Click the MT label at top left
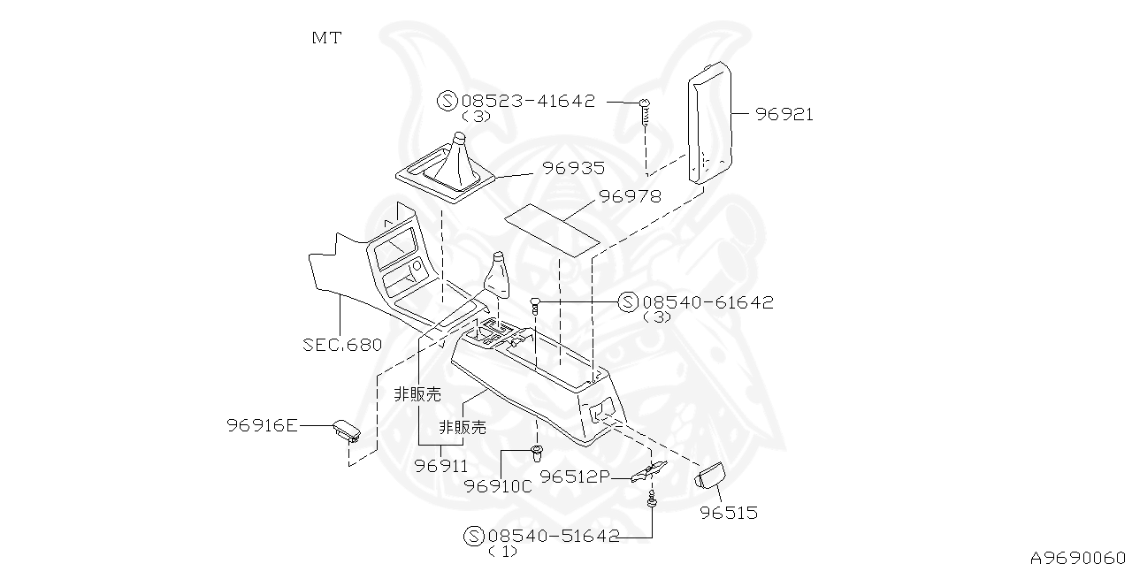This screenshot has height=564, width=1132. pyautogui.click(x=325, y=38)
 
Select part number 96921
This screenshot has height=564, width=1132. pyautogui.click(x=784, y=114)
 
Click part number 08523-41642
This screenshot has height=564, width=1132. pyautogui.click(x=528, y=101)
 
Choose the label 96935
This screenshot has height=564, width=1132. pyautogui.click(x=573, y=168)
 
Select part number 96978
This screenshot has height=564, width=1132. pyautogui.click(x=630, y=196)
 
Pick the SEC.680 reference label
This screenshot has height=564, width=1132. pyautogui.click(x=342, y=344)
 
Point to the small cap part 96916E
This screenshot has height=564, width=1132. pyautogui.click(x=346, y=431)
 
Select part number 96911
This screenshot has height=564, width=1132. pyautogui.click(x=441, y=465)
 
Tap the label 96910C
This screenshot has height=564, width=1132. pyautogui.click(x=498, y=485)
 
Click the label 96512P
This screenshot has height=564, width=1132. pyautogui.click(x=575, y=477)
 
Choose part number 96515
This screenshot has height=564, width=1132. pyautogui.click(x=729, y=513)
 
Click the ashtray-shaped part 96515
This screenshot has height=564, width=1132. pyautogui.click(x=709, y=477)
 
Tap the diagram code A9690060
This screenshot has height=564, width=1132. pyautogui.click(x=1078, y=556)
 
